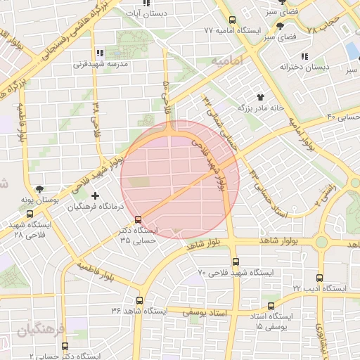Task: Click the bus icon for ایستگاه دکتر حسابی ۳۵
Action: coord(139,219)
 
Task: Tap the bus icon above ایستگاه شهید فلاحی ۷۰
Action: coord(235,261)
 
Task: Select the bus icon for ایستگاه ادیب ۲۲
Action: coord(320,278)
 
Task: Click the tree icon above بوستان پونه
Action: coord(39,189)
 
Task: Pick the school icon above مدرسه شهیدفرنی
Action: coord(99,52)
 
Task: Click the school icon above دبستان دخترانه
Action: coord(306,56)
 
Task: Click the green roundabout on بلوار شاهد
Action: coord(321,242)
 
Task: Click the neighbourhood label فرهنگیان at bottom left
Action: coord(39,329)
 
